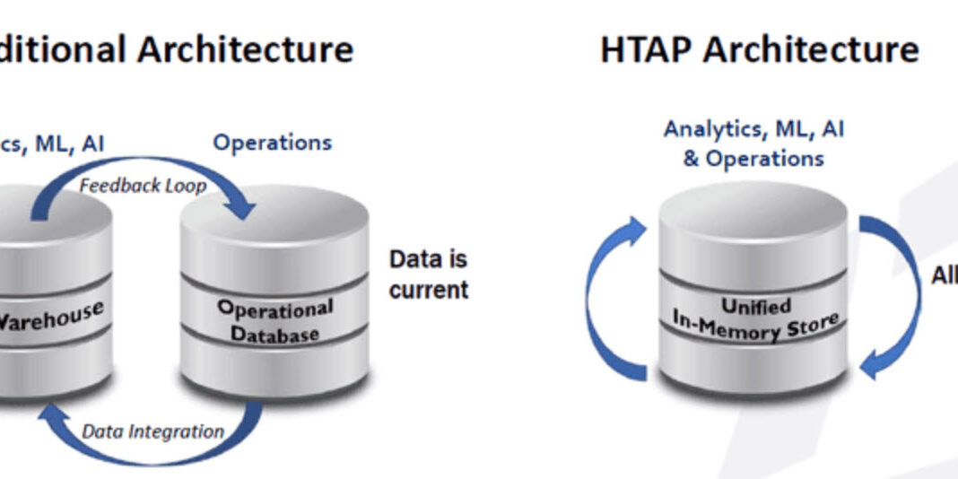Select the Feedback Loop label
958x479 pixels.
[143, 186]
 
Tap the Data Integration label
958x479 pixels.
[152, 431]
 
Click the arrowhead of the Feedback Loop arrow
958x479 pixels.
[240, 208]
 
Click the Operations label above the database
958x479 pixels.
[272, 143]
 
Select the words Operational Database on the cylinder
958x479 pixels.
[274, 321]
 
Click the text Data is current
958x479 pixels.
[429, 274]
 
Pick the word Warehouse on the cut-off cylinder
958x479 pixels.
[49, 316]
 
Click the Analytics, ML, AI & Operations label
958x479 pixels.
[753, 144]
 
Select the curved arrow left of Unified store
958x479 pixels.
[611, 296]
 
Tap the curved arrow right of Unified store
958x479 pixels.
[893, 296]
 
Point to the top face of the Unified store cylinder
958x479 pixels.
[753, 208]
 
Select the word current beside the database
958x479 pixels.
[429, 290]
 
